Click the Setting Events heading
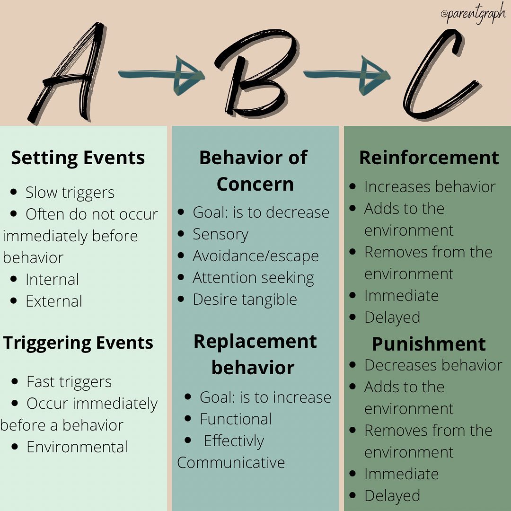[78, 158]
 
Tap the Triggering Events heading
[78, 344]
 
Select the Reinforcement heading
[429, 158]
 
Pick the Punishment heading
[429, 344]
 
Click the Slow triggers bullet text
[70, 193]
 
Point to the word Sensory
[220, 235]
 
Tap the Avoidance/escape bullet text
[256, 256]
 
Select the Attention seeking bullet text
[254, 278]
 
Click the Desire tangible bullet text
[245, 300]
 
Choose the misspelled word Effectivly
[234, 441]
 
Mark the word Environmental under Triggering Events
[77, 447]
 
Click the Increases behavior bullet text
[430, 187]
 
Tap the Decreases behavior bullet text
[433, 365]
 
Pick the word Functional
[236, 419]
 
